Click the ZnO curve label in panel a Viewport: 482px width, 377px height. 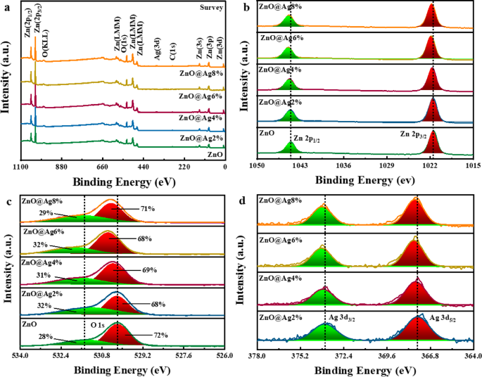216,153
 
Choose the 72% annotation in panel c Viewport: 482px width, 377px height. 160,336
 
